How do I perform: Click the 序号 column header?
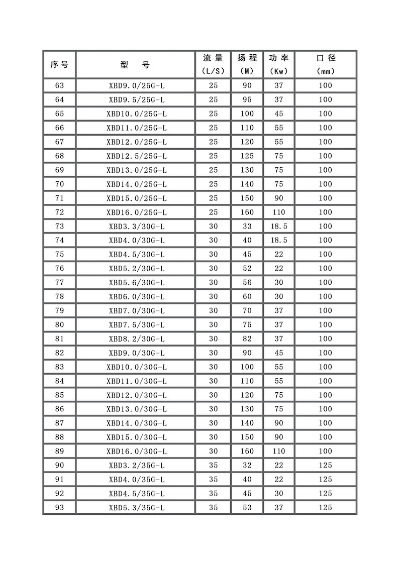tap(59, 64)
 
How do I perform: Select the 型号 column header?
tap(136, 64)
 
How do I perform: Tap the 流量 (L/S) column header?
tap(213, 64)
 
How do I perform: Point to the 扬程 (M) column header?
tap(247, 64)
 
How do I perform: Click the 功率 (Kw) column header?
tap(279, 64)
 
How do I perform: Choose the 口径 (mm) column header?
tap(326, 64)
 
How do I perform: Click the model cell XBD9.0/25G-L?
tap(136, 86)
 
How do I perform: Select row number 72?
tap(59, 212)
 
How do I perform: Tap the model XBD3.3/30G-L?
tap(136, 226)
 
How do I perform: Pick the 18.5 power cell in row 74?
tap(279, 241)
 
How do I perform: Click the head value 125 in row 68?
tap(247, 156)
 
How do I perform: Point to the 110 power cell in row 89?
tap(279, 451)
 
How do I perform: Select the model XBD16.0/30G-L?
tap(136, 451)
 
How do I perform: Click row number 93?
tap(59, 508)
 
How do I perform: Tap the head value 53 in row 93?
tap(247, 508)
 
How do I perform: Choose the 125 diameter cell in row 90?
tap(326, 466)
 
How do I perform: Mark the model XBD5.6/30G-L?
tap(136, 283)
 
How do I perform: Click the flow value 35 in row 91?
tap(213, 480)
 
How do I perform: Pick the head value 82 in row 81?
tap(247, 339)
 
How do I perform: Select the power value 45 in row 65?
tap(279, 114)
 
